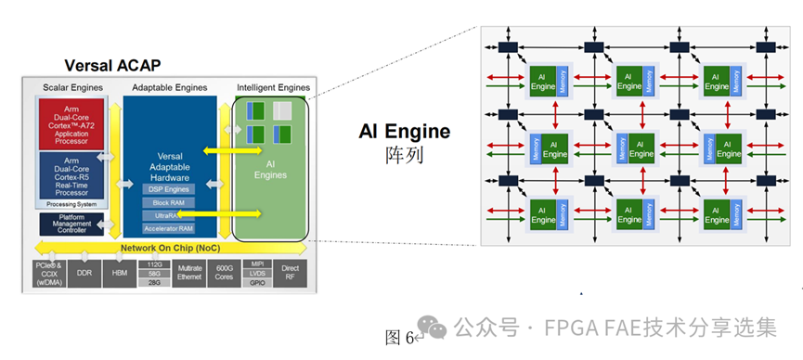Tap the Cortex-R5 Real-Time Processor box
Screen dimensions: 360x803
(x=71, y=175)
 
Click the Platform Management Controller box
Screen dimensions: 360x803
(x=71, y=224)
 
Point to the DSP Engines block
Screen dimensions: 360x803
(x=167, y=189)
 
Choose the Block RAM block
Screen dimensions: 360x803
(x=167, y=202)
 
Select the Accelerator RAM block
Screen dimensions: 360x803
(x=167, y=228)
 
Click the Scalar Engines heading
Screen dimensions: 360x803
(x=71, y=86)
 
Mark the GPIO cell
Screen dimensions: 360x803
(x=259, y=283)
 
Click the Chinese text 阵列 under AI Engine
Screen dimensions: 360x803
(x=404, y=155)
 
